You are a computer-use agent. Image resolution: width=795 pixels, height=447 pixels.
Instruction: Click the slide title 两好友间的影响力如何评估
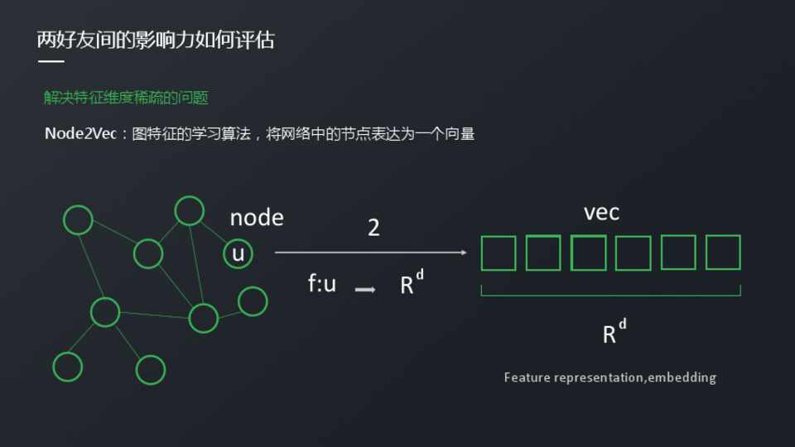[x=156, y=39]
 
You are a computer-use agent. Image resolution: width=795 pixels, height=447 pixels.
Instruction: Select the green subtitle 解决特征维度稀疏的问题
[x=126, y=98]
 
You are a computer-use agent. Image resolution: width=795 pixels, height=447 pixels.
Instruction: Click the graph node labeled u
[x=238, y=253]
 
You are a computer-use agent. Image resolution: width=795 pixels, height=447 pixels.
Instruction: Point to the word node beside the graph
[x=257, y=218]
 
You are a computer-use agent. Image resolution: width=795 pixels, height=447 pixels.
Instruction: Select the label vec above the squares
[x=601, y=213]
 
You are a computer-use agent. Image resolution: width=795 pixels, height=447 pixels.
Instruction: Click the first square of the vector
[x=499, y=253]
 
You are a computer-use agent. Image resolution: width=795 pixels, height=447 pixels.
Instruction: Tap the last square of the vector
[x=723, y=252]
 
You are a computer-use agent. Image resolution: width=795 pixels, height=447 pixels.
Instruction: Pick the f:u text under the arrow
[x=322, y=284]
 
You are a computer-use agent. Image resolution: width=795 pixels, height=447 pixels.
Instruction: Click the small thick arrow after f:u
[x=365, y=290]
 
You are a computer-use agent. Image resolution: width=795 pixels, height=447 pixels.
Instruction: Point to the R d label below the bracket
[x=614, y=332]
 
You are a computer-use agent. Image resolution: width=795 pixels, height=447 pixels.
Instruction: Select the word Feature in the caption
[x=528, y=377]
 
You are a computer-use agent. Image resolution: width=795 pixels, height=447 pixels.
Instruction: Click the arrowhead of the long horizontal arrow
[x=463, y=252]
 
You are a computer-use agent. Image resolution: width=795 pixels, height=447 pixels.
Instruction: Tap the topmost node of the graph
[x=190, y=211]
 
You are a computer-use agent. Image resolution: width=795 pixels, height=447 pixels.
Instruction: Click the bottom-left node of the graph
[x=67, y=366]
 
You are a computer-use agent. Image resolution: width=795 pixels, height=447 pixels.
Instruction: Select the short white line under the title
[x=51, y=62]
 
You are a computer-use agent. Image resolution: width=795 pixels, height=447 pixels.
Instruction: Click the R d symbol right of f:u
[x=412, y=283]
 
